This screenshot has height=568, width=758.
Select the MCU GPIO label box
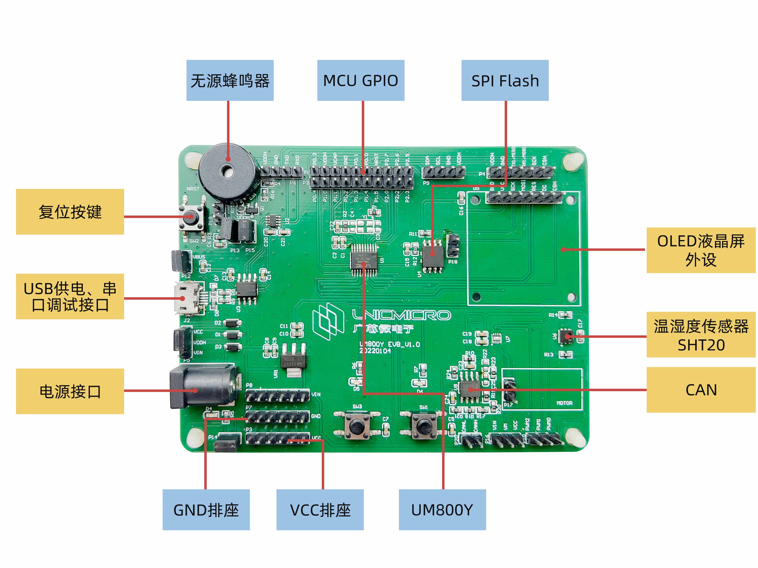[361, 80]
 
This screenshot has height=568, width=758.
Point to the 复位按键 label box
[70, 211]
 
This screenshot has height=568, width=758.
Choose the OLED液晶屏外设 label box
[701, 250]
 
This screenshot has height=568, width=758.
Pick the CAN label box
[701, 390]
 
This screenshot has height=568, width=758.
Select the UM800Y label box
[442, 509]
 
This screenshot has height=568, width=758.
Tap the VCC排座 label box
[320, 509]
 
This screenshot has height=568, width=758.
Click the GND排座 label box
[206, 509]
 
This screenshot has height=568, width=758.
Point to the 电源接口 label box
[70, 391]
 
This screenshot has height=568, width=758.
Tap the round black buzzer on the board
[227, 171]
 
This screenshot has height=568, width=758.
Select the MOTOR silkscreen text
[564, 403]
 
